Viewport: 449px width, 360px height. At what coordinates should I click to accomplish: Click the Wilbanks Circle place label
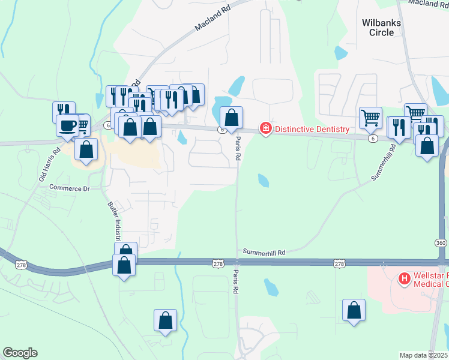click(382, 28)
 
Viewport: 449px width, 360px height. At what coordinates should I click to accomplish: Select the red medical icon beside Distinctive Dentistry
click(265, 128)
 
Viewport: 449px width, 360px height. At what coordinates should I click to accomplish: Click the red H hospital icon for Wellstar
click(405, 278)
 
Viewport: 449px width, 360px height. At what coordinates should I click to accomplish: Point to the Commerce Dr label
click(69, 188)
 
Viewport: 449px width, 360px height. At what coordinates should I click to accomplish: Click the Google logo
click(20, 353)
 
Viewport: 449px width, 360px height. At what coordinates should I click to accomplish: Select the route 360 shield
click(442, 241)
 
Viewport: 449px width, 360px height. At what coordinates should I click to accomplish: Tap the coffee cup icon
click(67, 126)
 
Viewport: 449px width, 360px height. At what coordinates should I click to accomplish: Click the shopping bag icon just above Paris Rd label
click(231, 117)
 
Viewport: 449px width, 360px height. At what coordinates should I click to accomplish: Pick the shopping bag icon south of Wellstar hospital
click(354, 310)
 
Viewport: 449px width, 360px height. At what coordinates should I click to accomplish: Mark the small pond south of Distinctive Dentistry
click(264, 180)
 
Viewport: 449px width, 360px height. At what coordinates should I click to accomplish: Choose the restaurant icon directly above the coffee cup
click(64, 111)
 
